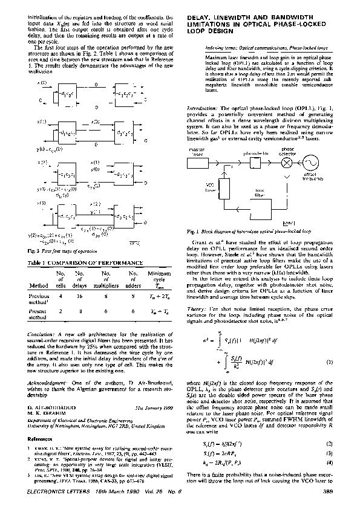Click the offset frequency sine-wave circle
pos(312,163)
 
